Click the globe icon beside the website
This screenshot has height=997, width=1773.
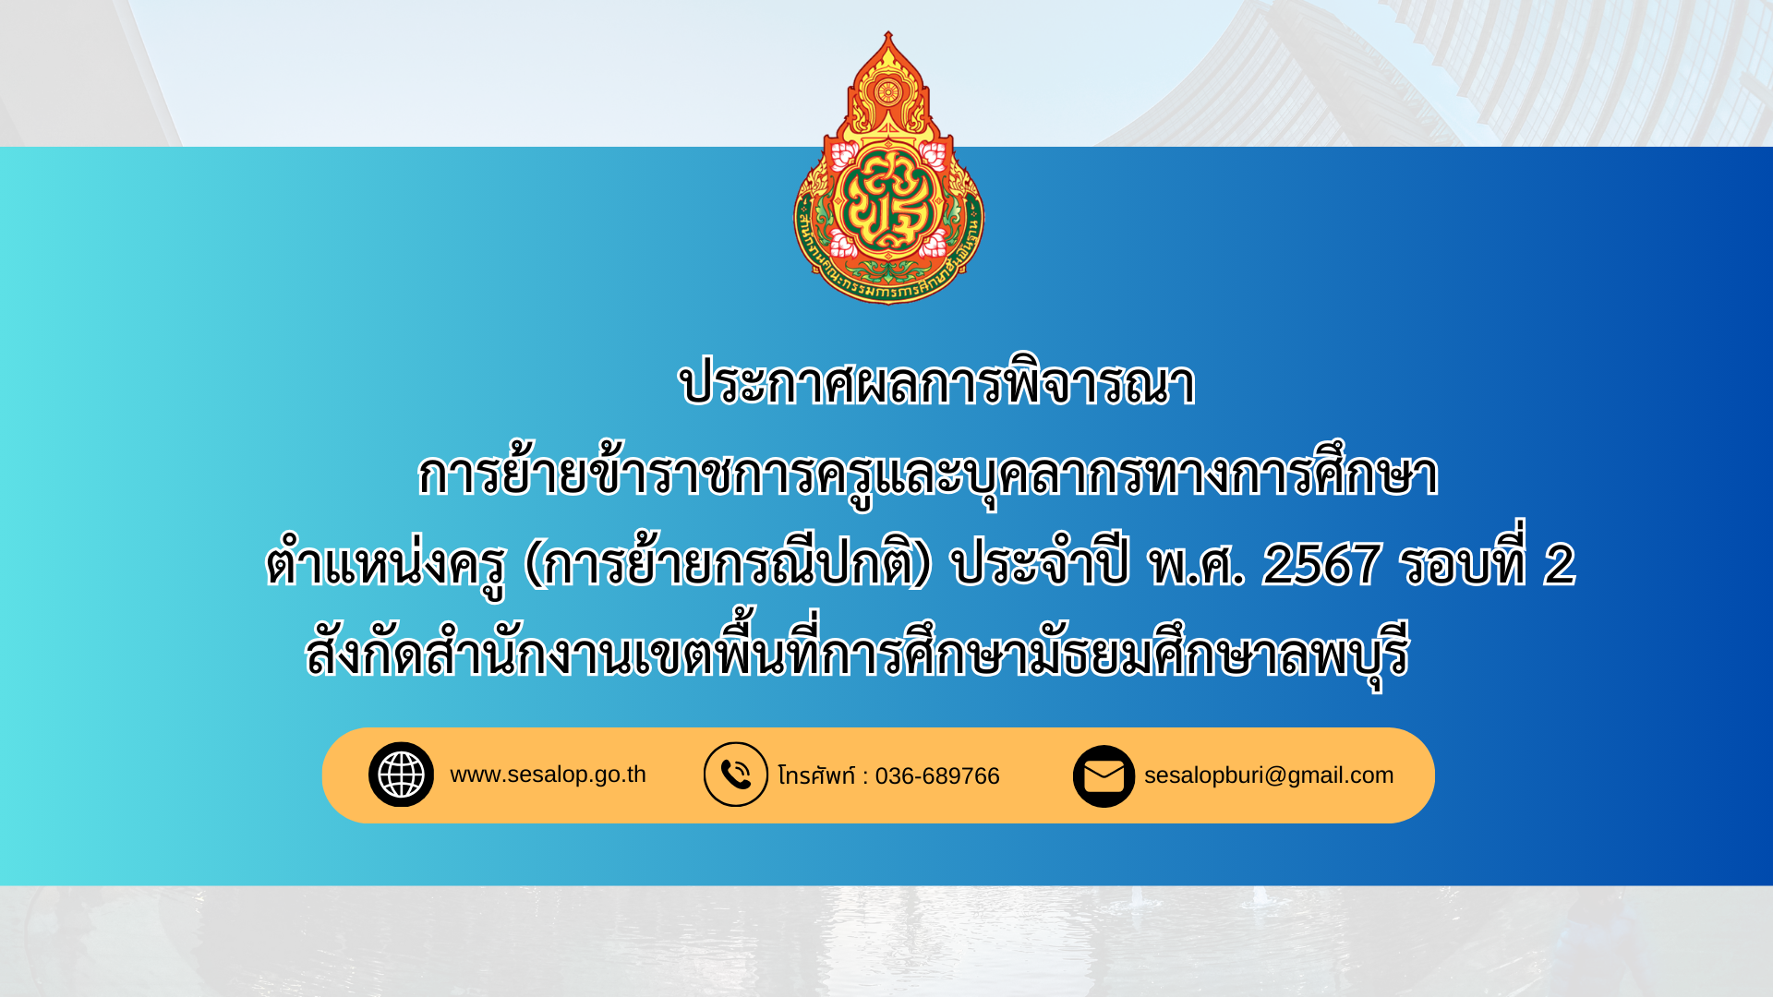coord(401,775)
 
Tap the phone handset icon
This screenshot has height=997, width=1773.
coord(736,775)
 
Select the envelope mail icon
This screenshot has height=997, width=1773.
coord(1104,775)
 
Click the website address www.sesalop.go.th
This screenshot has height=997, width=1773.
coord(548,775)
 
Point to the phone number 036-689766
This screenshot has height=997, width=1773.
coord(937,776)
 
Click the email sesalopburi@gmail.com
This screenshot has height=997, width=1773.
coord(1269,775)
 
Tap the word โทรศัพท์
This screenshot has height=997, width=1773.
coord(817,775)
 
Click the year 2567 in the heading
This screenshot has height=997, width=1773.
coord(1321,564)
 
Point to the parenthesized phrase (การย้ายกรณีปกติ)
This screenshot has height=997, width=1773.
coord(728,562)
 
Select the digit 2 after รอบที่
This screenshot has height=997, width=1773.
coord(1559,564)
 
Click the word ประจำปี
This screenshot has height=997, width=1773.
coord(1040,561)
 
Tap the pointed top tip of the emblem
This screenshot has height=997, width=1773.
coord(888,32)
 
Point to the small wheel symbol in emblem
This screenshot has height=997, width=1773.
coord(887,91)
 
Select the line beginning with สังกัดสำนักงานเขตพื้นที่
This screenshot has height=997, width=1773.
coord(857,650)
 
